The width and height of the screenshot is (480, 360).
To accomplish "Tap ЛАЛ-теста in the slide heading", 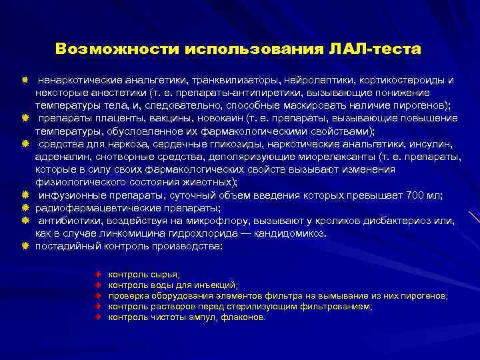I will click(376, 50).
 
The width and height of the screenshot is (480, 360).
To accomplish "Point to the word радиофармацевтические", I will click(87, 207).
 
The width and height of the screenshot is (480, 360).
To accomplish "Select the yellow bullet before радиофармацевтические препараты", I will click(25, 207).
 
